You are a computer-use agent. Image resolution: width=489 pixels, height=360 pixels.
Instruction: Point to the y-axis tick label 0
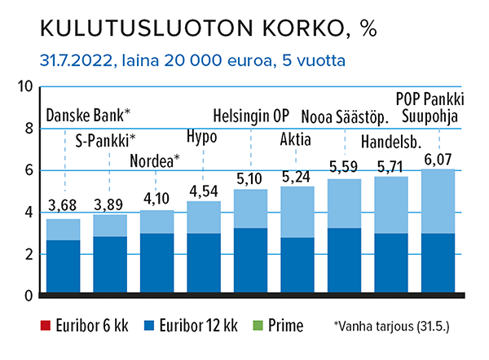(x=28, y=295)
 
